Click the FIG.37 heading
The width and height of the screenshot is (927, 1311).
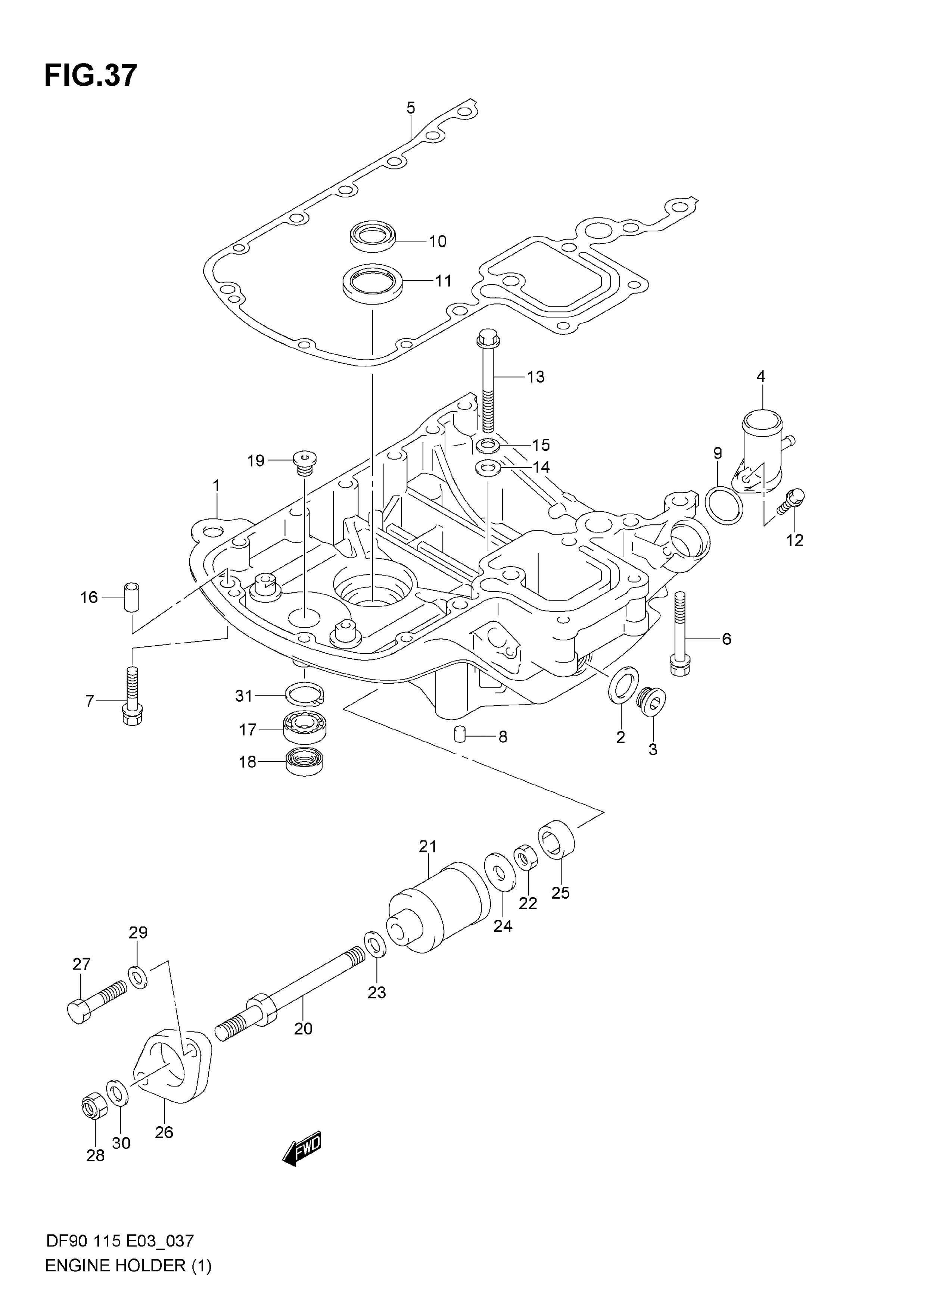[x=91, y=75]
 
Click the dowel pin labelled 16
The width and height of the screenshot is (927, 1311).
[x=131, y=597]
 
